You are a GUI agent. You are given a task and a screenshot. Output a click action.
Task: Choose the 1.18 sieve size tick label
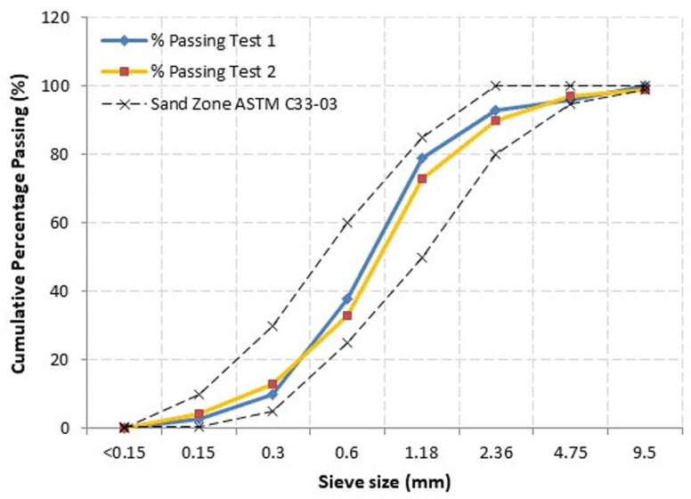(422, 451)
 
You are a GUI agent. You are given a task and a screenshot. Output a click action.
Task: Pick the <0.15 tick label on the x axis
(125, 451)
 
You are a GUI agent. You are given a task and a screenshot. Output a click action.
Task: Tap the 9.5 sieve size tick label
(645, 451)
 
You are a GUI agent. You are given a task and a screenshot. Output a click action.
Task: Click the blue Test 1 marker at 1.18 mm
(422, 158)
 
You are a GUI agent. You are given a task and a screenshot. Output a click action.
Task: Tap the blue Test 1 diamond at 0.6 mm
(347, 298)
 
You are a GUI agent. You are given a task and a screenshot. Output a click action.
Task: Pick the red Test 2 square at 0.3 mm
(273, 384)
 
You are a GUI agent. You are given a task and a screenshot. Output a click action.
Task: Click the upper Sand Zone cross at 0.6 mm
(347, 223)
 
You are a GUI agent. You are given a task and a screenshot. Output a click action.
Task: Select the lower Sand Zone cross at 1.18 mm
(422, 257)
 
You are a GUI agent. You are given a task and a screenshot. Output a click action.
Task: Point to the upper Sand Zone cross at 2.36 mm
(496, 86)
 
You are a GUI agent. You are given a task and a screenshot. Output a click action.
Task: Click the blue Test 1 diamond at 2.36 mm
(496, 110)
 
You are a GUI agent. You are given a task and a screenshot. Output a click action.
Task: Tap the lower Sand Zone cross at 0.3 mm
(273, 411)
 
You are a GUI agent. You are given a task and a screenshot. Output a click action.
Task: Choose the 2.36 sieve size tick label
(496, 451)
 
